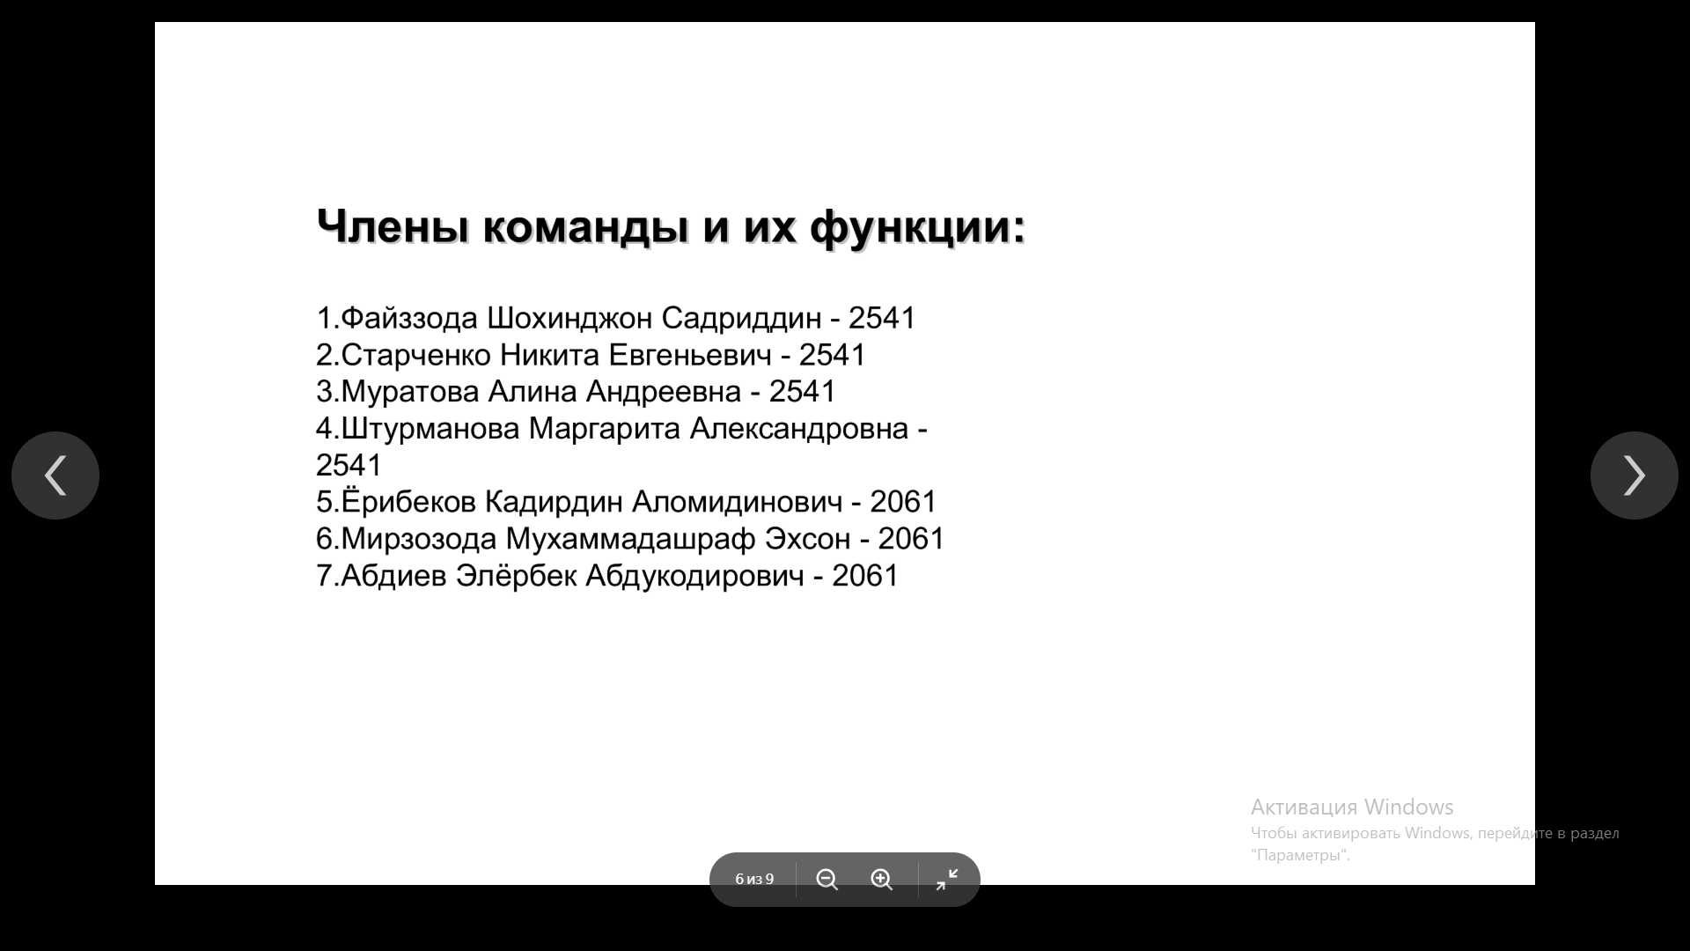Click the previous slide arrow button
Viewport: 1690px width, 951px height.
[55, 475]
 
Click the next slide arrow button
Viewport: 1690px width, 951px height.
[1635, 475]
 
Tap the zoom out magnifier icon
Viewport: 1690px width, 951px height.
[827, 880]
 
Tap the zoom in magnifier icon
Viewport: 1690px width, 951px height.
[882, 880]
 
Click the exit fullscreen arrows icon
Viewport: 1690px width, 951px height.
[947, 880]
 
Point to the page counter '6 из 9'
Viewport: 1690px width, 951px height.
[754, 880]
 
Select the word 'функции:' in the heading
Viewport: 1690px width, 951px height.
[918, 228]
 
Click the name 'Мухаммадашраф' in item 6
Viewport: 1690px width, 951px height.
[630, 538]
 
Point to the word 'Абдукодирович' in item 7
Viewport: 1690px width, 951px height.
[694, 576]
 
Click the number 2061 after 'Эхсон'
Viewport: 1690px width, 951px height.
[911, 538]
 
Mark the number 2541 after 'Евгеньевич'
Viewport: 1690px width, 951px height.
[833, 355]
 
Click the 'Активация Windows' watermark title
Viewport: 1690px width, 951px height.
[1352, 807]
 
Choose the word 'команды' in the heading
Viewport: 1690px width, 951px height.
[586, 228]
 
